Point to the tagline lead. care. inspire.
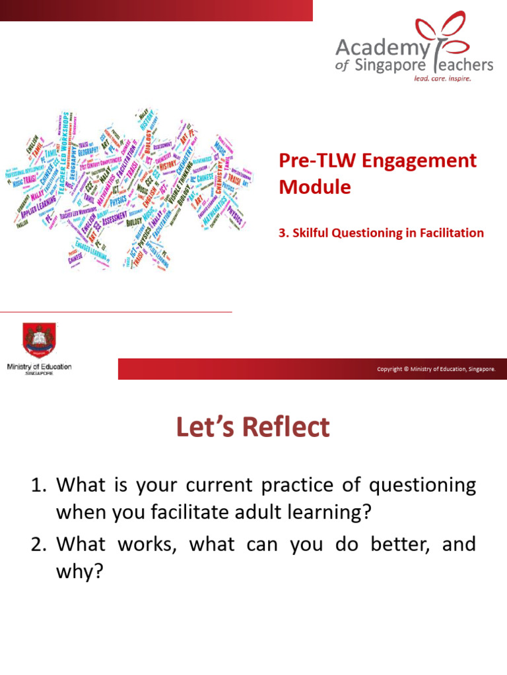coord(442,77)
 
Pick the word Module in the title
coord(315,187)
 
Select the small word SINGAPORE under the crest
coord(40,373)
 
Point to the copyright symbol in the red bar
coord(406,369)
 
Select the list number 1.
coord(38,486)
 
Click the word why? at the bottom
coord(80,571)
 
